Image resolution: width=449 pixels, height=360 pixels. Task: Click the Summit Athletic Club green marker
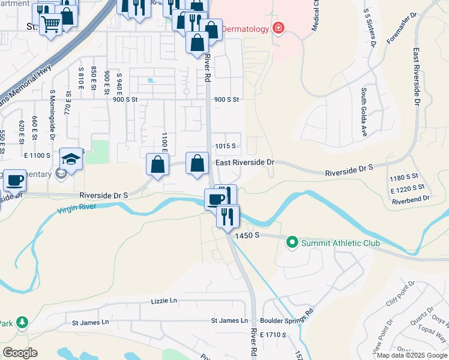292,243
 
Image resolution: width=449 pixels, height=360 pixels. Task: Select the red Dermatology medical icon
277,28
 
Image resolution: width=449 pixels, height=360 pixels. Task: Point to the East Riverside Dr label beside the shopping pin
245,163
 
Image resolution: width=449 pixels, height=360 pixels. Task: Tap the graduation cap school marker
71,160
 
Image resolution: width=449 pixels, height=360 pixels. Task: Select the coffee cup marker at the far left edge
14,179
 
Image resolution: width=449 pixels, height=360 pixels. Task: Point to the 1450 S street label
247,236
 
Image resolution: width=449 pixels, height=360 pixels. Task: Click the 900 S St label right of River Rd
226,100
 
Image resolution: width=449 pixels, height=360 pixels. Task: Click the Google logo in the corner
20,352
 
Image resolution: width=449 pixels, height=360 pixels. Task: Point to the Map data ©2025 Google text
411,355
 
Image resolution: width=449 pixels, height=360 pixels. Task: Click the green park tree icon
23,323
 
